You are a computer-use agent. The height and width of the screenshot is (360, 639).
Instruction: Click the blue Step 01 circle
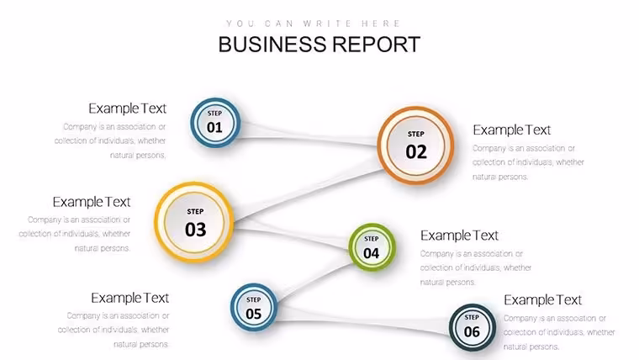tap(215, 122)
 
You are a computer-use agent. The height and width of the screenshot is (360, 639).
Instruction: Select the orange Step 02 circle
tap(415, 146)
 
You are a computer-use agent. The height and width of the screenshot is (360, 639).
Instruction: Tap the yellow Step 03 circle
tap(194, 222)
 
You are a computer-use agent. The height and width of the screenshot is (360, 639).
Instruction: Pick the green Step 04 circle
tap(372, 247)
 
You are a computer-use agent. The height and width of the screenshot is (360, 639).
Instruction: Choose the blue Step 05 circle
tap(254, 307)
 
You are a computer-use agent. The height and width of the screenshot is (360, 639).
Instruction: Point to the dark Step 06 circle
tap(473, 327)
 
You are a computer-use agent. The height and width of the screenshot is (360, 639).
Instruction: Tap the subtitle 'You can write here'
tap(314, 24)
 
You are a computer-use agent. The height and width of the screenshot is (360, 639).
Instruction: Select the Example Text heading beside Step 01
tap(128, 109)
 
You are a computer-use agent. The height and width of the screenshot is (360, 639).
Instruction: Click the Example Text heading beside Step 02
tap(512, 130)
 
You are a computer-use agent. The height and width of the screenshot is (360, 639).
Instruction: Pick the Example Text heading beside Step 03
tap(92, 202)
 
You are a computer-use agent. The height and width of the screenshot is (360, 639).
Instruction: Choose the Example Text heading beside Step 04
tap(459, 236)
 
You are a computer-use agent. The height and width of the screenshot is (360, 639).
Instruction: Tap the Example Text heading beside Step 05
tap(130, 298)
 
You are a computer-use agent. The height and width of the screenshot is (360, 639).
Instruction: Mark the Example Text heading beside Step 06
tap(543, 300)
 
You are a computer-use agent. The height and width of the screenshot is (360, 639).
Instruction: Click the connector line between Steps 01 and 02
tap(309, 135)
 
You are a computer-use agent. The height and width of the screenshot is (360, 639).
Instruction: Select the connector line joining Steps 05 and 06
tap(362, 321)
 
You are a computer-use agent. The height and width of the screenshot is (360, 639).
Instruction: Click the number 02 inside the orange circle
tap(416, 151)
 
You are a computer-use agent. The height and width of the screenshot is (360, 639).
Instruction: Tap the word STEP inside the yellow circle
tap(195, 212)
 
